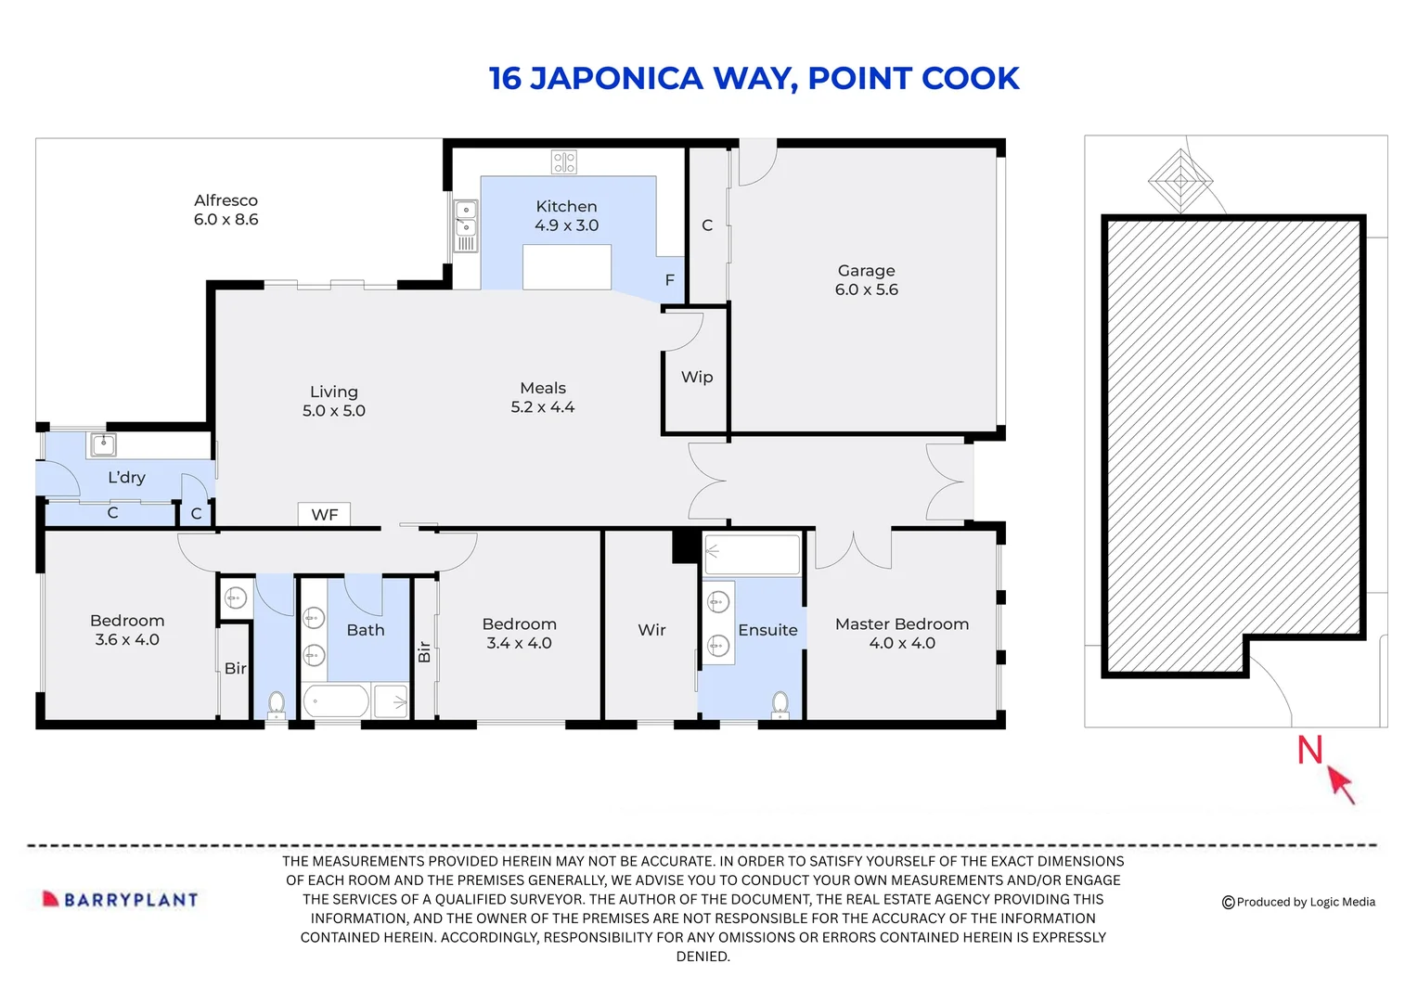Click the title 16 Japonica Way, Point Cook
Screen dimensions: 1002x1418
754,79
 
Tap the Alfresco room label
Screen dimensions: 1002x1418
226,210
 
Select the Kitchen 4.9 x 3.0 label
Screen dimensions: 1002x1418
566,215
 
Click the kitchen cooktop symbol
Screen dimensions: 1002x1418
564,162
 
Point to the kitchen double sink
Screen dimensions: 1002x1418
466,219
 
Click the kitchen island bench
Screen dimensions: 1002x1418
566,267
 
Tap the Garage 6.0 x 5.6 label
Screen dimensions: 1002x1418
866,279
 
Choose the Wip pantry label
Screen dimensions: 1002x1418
697,377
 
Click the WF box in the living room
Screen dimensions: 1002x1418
324,515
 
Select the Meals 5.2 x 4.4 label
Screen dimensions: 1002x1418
543,397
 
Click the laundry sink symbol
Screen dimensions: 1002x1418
102,445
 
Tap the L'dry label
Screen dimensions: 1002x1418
126,478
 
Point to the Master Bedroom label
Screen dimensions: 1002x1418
901,634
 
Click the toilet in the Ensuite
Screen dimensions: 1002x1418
780,704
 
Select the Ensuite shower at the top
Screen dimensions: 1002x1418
752,554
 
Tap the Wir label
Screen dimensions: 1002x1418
651,630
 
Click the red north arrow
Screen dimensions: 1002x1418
1340,782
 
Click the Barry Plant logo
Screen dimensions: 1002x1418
121,899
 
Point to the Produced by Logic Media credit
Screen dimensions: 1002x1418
1298,902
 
